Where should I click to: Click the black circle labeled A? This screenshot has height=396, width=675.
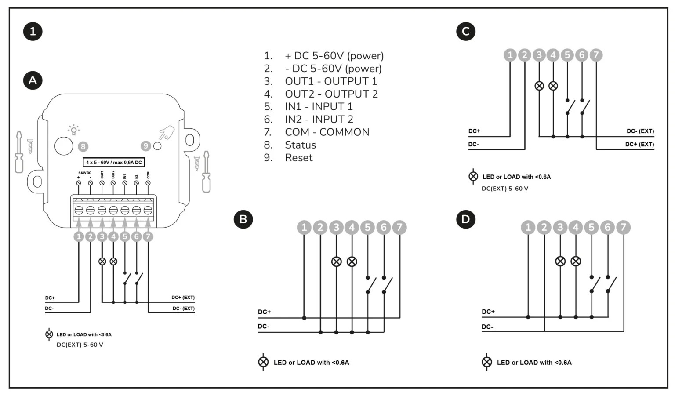[33, 80]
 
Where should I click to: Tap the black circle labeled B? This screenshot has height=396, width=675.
[243, 219]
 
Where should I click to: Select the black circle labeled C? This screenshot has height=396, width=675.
[466, 31]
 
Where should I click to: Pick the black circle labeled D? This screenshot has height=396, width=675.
[466, 219]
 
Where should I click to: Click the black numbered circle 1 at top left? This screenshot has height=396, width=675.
[33, 31]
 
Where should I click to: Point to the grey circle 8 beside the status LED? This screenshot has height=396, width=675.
[83, 146]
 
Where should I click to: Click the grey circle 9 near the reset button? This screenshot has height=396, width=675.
[145, 146]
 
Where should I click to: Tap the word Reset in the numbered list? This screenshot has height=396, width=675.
[298, 158]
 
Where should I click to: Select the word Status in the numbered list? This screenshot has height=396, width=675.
[300, 145]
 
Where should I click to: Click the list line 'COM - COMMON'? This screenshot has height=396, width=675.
[327, 132]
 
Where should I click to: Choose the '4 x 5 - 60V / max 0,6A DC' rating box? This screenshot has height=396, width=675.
[114, 163]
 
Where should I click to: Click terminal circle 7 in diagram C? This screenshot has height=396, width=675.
[596, 55]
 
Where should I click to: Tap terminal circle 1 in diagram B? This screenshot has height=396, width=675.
[304, 227]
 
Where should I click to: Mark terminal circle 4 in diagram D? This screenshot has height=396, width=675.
[576, 227]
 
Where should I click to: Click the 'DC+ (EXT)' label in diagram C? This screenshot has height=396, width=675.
[639, 144]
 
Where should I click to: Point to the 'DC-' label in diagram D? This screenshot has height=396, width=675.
[487, 327]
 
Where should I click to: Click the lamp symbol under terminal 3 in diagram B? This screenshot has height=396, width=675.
[336, 262]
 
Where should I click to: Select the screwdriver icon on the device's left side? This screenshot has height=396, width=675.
[19, 152]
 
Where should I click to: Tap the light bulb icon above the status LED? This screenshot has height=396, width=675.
[73, 130]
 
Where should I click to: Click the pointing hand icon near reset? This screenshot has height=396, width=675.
[167, 132]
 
